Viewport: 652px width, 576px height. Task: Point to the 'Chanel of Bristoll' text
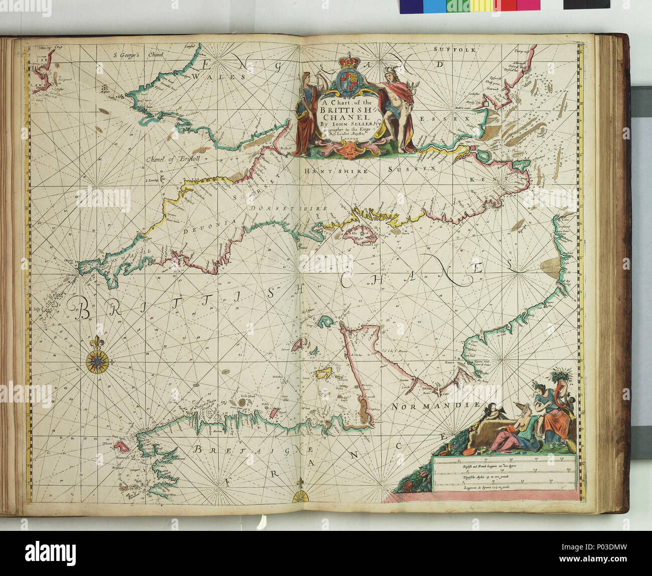[x=171, y=160]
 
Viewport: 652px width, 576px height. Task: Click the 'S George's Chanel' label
[x=132, y=56]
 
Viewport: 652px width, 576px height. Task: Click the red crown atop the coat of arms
[x=346, y=62]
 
